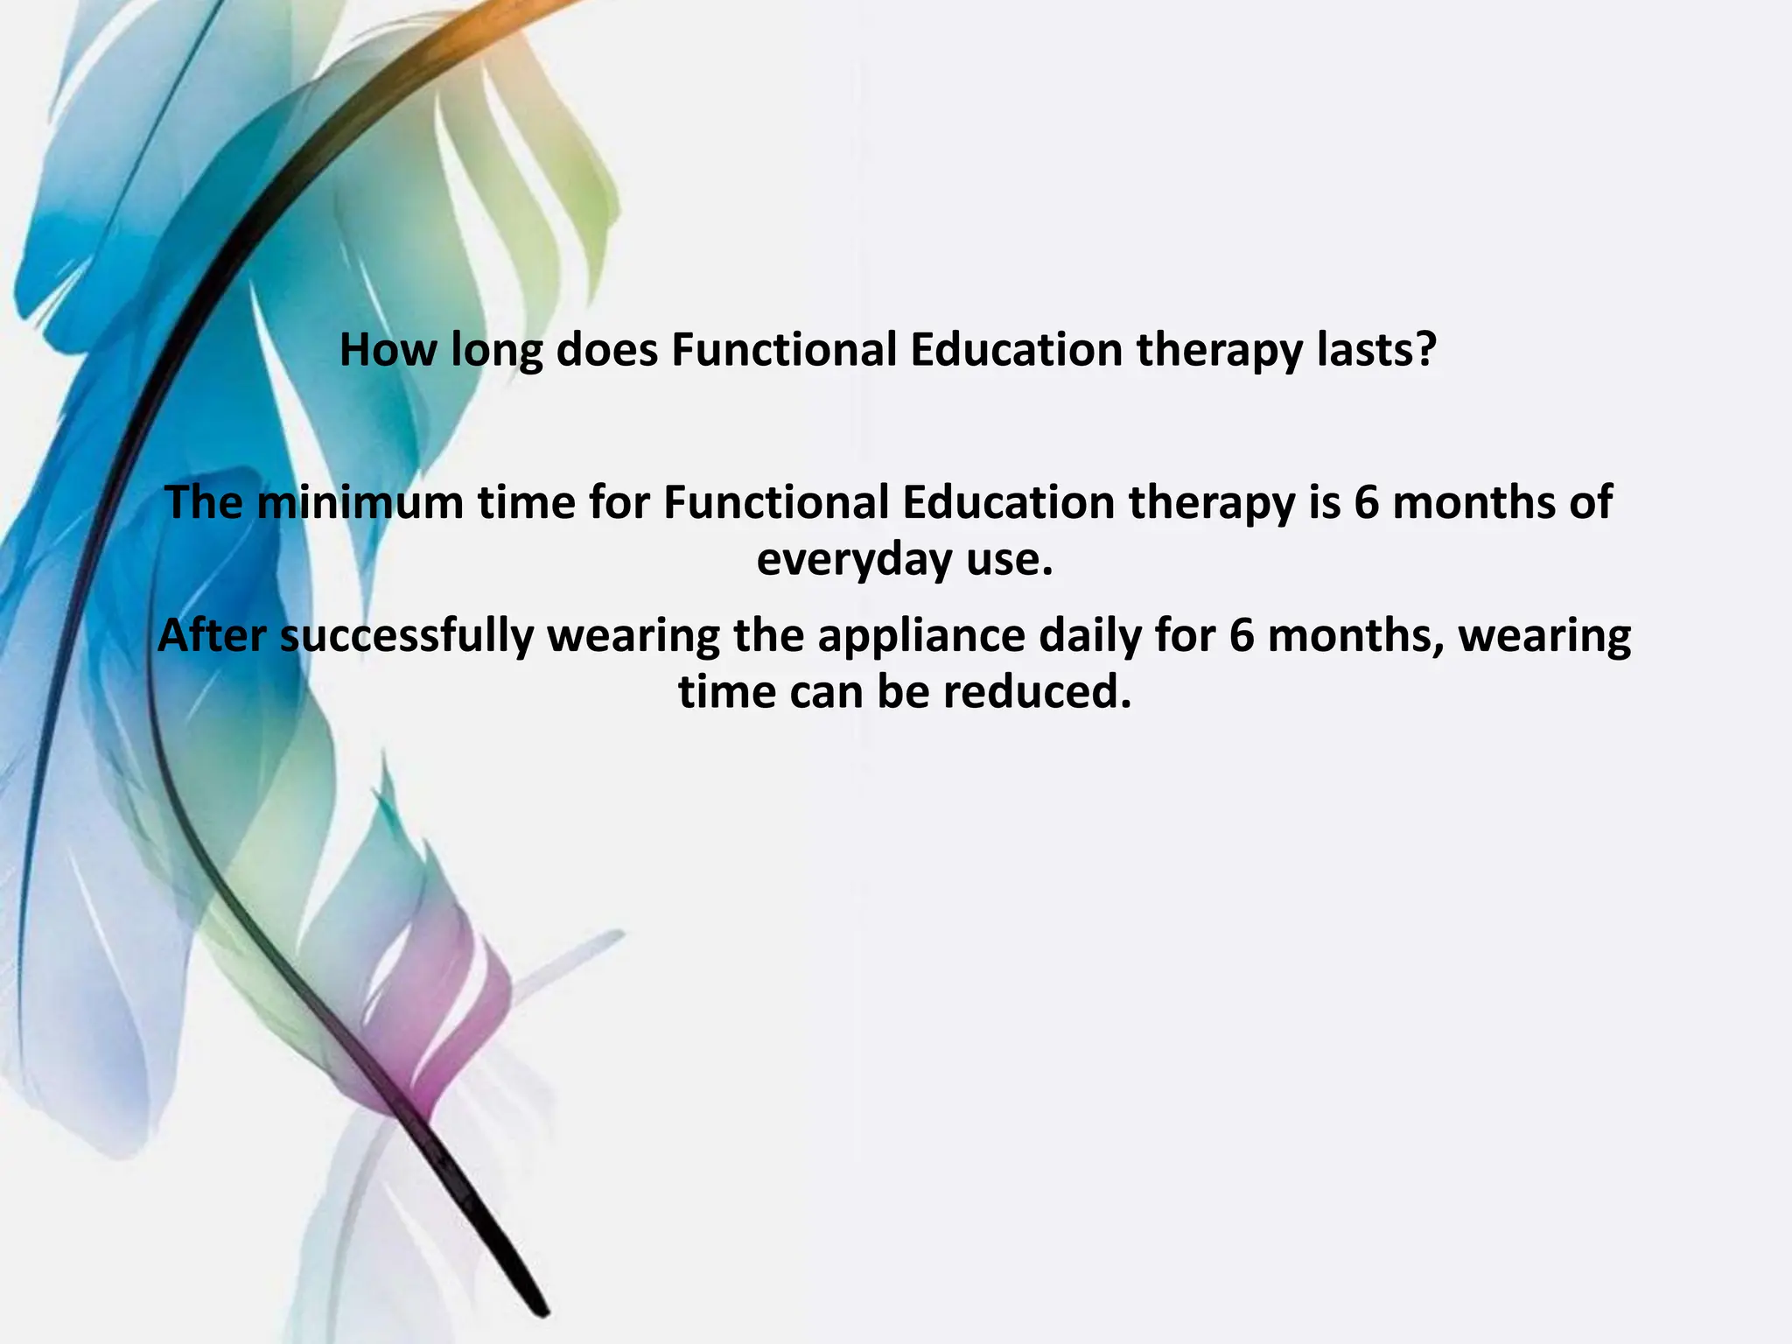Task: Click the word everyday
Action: [x=853, y=561]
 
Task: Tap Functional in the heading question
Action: [x=784, y=350]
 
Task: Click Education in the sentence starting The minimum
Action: [x=1008, y=503]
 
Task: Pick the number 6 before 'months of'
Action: [x=1366, y=503]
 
